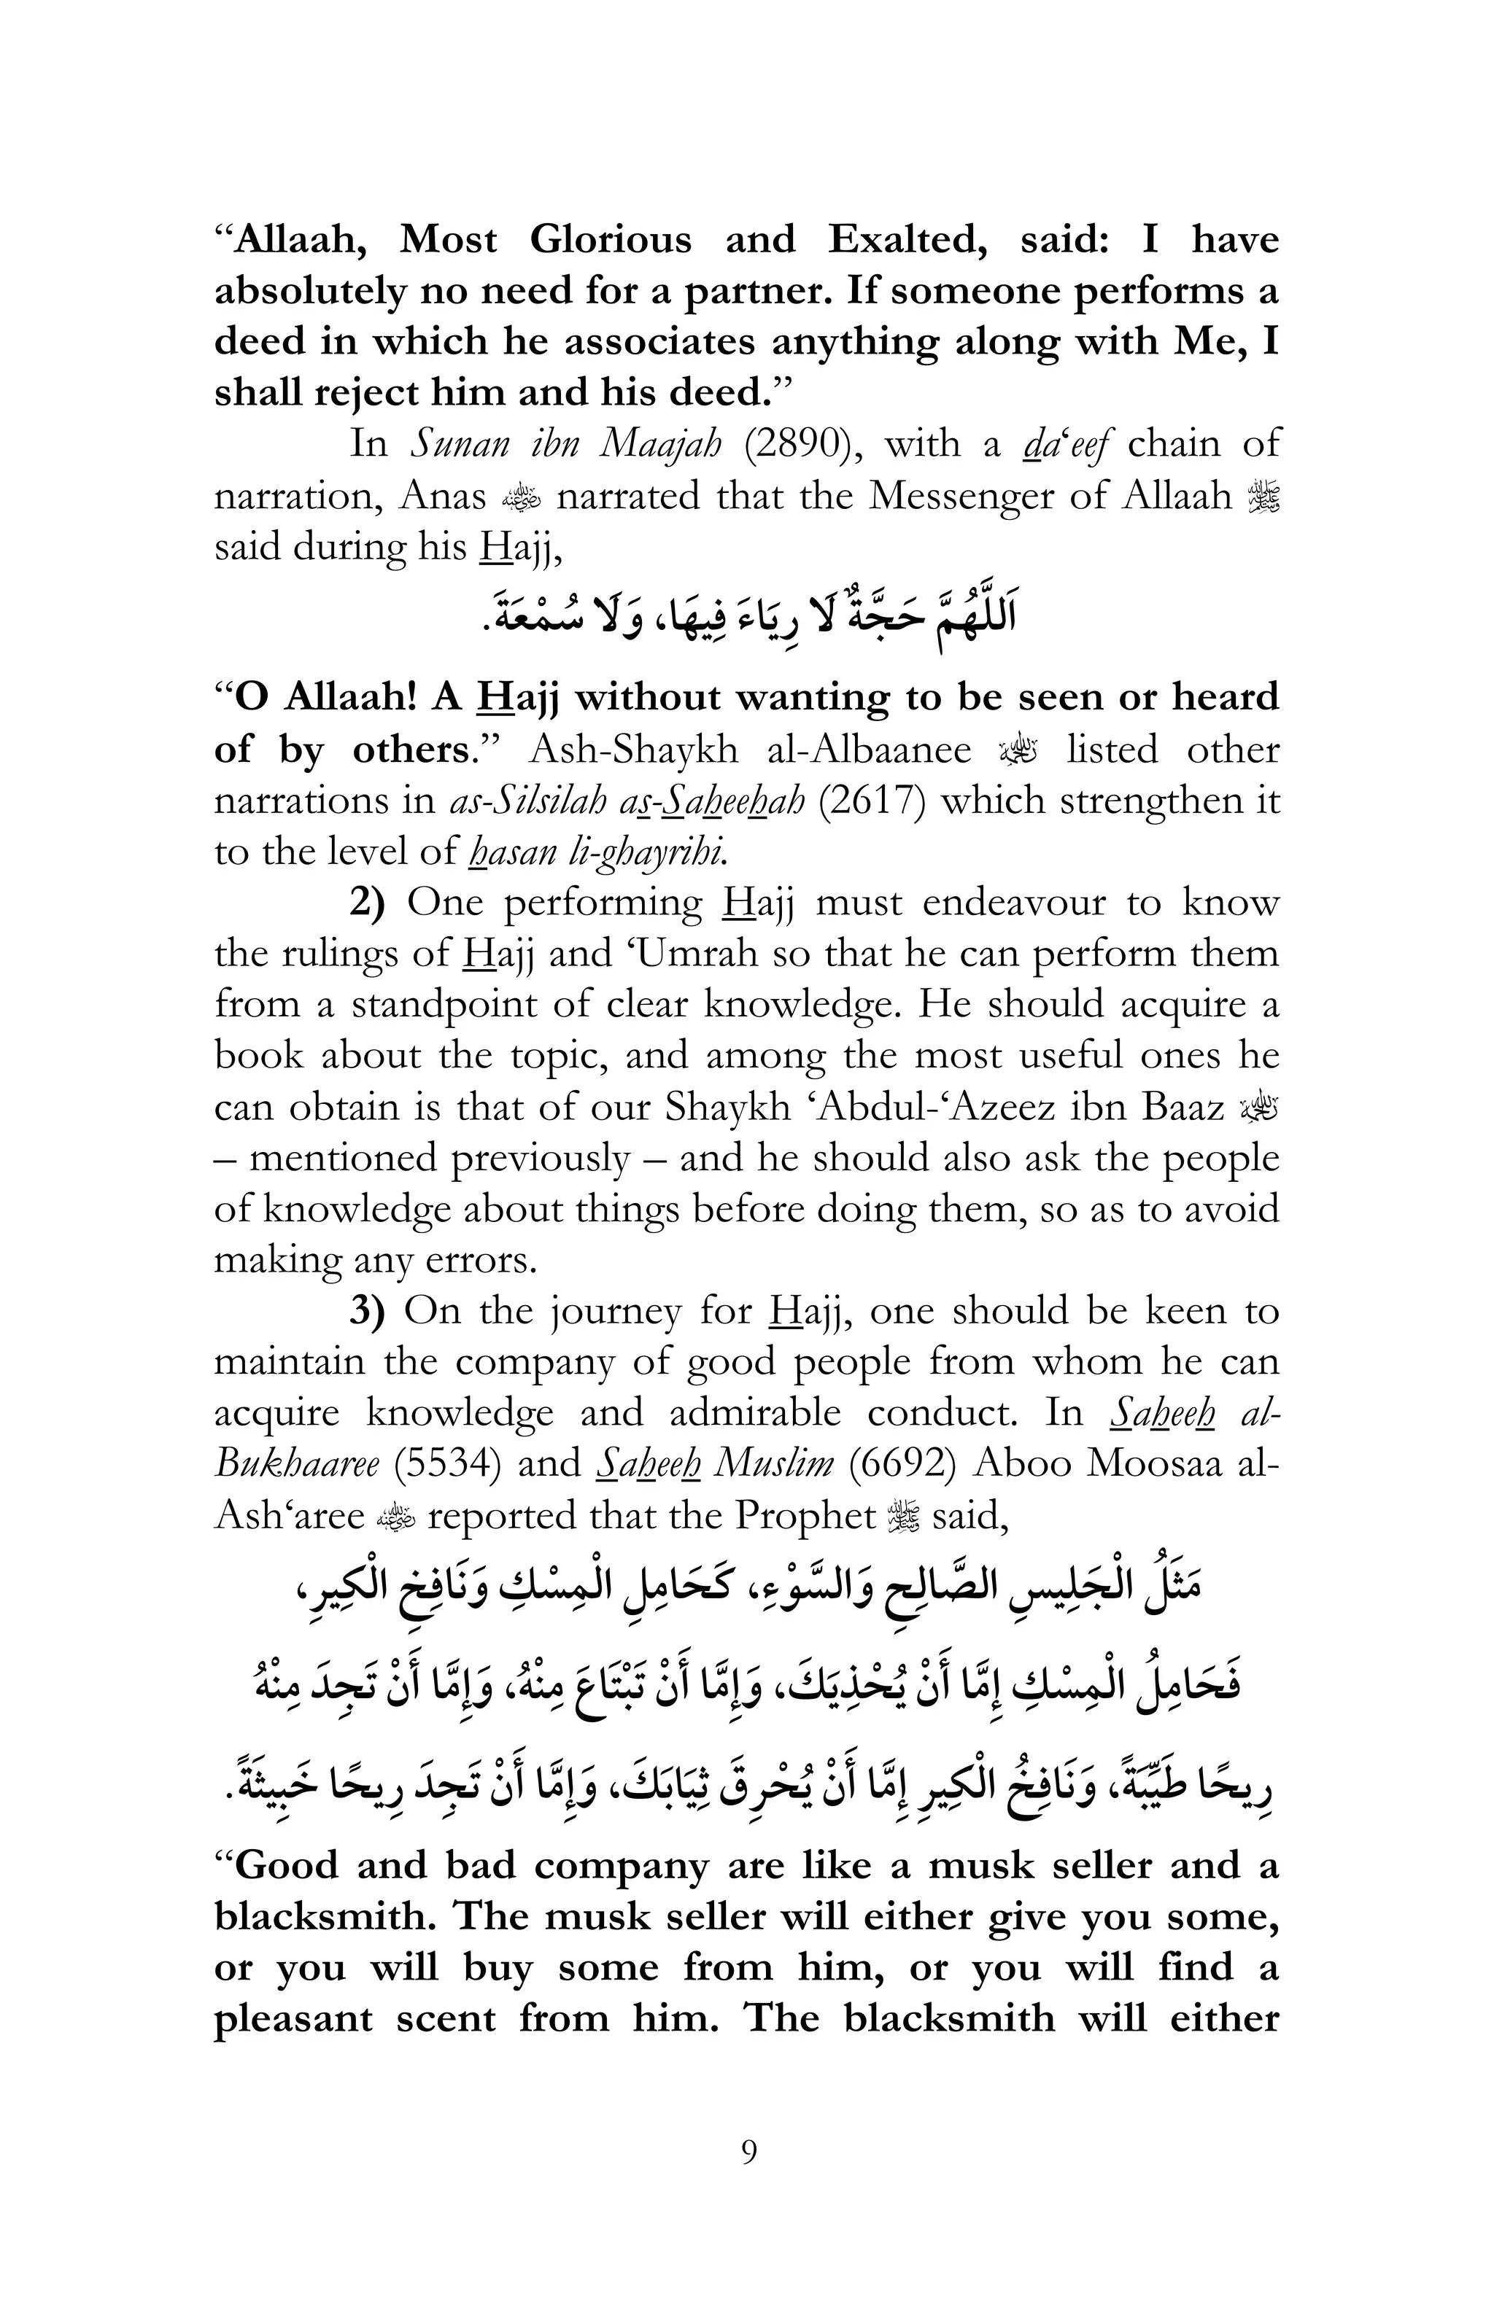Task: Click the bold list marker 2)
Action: coord(366,903)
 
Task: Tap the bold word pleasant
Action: coord(293,2018)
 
